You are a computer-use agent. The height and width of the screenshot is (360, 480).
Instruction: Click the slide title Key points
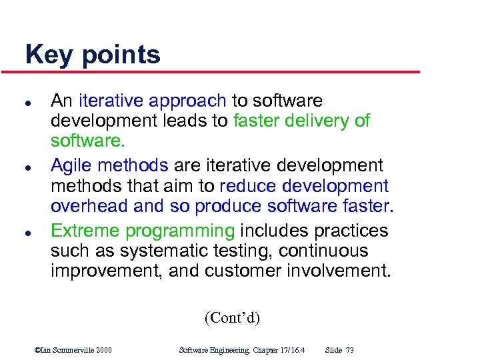pos(93,55)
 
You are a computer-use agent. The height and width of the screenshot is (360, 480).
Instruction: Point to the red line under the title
pos(220,72)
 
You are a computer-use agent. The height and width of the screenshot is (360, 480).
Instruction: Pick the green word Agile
pos(71,165)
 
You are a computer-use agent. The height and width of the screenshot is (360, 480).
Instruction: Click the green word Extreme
pos(85,231)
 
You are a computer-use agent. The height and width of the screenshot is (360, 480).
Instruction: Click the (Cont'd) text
pos(232,317)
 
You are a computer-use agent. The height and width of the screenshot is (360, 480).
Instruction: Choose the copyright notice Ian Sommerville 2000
pos(73,350)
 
